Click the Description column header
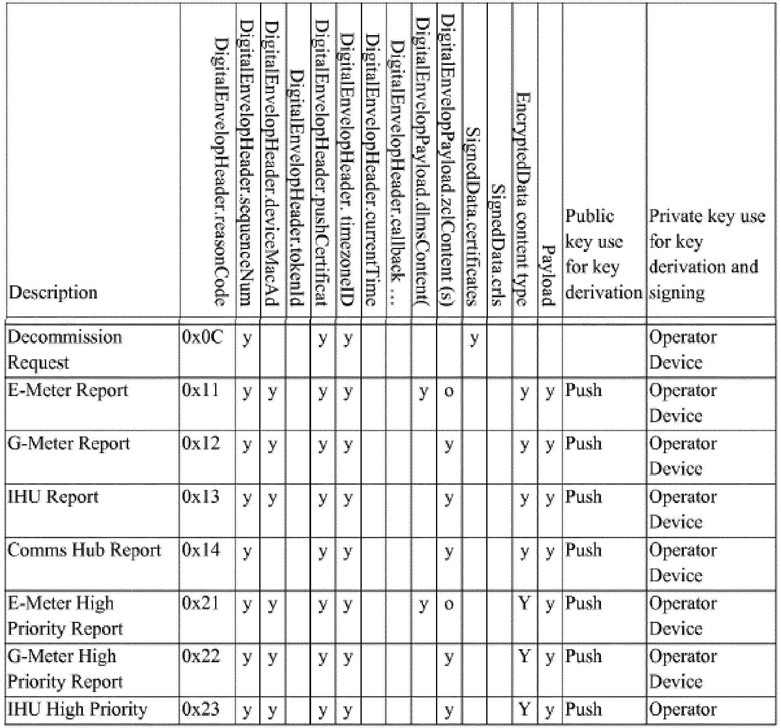point(53,293)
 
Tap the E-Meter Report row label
point(68,391)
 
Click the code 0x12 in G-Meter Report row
point(201,443)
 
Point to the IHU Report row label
point(53,497)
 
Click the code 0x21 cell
point(201,603)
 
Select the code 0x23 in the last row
point(201,709)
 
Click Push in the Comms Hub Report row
point(583,550)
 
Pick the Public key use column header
point(603,254)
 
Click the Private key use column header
point(708,254)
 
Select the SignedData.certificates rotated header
point(474,216)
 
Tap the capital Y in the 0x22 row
point(524,656)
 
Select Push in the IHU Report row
point(583,497)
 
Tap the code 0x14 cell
point(201,550)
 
